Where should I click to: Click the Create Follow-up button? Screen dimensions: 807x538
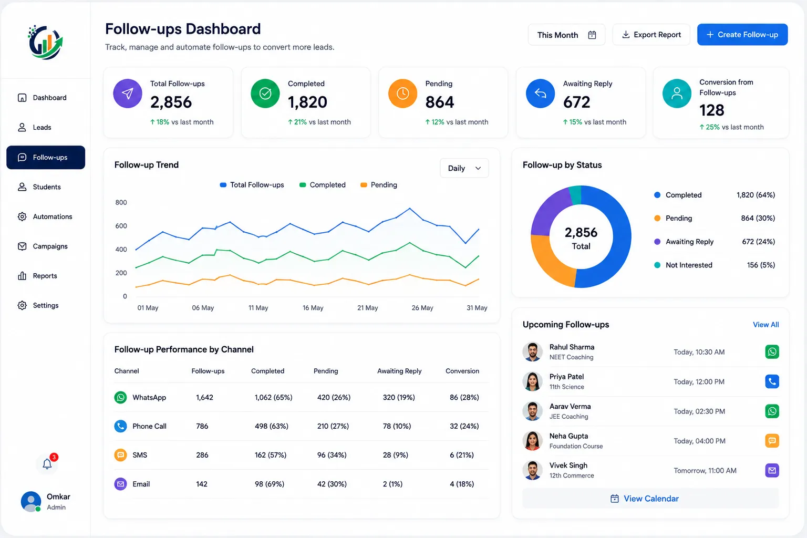[x=742, y=35]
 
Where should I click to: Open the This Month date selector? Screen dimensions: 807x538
[x=566, y=35]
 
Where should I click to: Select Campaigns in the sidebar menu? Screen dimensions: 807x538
[x=46, y=246]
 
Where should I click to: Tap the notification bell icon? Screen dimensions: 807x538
[x=47, y=463]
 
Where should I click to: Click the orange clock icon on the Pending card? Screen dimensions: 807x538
[x=402, y=94]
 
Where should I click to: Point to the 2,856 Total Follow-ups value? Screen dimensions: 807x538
[x=171, y=102]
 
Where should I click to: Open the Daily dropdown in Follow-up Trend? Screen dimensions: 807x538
[x=464, y=168]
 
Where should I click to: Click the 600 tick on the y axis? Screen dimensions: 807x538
[x=121, y=226]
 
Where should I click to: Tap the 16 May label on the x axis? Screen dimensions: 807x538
[x=313, y=308]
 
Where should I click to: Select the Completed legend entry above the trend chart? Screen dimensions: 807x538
[x=323, y=185]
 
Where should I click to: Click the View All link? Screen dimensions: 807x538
[x=765, y=325]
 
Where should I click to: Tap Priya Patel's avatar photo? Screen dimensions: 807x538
[x=532, y=381]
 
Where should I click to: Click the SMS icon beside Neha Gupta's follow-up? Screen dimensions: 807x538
[x=772, y=441]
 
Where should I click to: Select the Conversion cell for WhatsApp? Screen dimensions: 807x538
[x=464, y=397]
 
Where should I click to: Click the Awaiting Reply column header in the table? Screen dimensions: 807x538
[x=399, y=371]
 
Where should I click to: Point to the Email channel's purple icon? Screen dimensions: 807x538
[x=121, y=484]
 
